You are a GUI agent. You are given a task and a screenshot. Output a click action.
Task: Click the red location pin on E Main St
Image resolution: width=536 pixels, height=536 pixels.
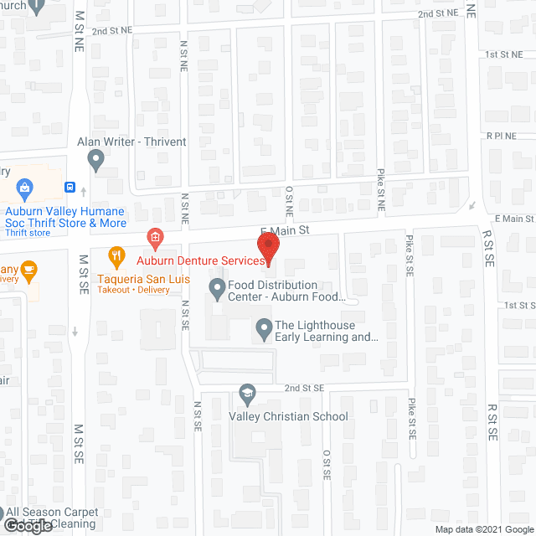pyautogui.click(x=267, y=248)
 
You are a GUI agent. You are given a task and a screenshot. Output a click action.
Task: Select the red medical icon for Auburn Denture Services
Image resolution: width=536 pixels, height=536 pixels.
pyautogui.click(x=154, y=238)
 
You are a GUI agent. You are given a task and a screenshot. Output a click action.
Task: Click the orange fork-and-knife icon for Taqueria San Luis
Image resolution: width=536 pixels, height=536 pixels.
pyautogui.click(x=116, y=255)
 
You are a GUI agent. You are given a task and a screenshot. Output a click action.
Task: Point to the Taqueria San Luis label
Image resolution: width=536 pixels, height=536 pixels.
pyautogui.click(x=140, y=276)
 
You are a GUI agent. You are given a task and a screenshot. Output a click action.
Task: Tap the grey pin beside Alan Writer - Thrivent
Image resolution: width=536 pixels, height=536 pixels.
pyautogui.click(x=95, y=157)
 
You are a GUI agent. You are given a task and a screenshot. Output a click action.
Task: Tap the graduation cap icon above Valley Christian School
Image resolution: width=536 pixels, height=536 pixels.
pyautogui.click(x=247, y=392)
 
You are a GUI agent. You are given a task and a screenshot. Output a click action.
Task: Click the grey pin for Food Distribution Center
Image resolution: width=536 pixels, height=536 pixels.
pyautogui.click(x=217, y=289)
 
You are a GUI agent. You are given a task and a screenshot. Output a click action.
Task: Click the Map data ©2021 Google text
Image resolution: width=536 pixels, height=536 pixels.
pyautogui.click(x=484, y=528)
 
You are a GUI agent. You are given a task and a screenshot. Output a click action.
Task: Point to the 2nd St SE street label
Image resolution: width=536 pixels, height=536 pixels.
pyautogui.click(x=303, y=389)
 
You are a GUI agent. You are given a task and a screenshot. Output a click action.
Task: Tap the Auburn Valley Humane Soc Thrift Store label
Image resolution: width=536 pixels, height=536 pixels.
pyautogui.click(x=66, y=217)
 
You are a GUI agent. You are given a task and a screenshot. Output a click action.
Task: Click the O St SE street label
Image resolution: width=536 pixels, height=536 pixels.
pyautogui.click(x=327, y=466)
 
